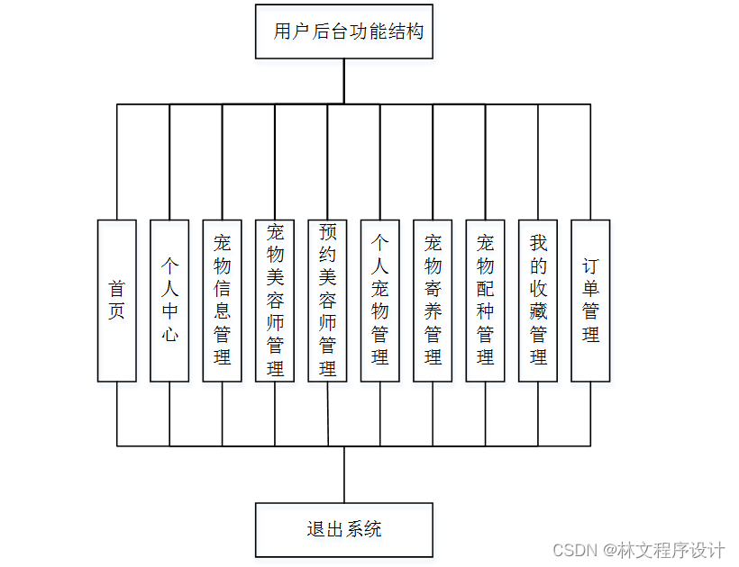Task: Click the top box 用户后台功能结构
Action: [x=343, y=31]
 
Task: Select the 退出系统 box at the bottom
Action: [x=343, y=529]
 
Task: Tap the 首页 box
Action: [x=117, y=301]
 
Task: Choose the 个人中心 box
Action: [x=169, y=301]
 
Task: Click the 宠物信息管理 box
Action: [x=223, y=301]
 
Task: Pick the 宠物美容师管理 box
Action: [x=275, y=301]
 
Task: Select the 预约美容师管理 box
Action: [x=328, y=301]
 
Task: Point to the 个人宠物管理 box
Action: [x=380, y=301]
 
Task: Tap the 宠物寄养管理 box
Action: [x=433, y=301]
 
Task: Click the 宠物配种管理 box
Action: [x=486, y=301]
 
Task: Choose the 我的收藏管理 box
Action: [x=539, y=301]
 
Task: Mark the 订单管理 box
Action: [x=591, y=301]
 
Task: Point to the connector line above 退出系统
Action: [x=343, y=474]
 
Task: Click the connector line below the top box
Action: [x=343, y=82]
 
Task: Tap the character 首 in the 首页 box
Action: [x=117, y=289]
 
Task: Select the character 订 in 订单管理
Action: [x=591, y=266]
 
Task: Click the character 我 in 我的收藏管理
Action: [x=539, y=243]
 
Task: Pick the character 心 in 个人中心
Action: [x=169, y=335]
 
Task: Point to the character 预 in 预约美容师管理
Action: [x=328, y=232]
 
